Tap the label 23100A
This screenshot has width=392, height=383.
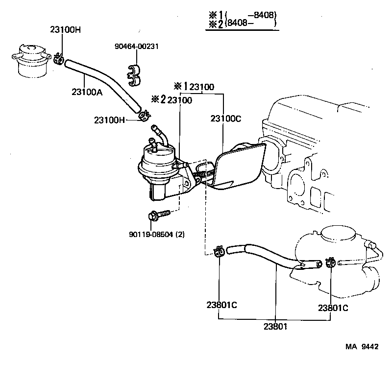point(87,92)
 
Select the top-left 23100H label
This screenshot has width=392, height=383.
point(65,29)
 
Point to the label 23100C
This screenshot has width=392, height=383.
point(226,119)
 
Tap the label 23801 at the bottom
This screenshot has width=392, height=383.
point(276,326)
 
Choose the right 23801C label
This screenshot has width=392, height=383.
point(333,308)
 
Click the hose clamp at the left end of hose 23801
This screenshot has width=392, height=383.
point(220,251)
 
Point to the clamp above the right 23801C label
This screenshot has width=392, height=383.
point(329,263)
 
